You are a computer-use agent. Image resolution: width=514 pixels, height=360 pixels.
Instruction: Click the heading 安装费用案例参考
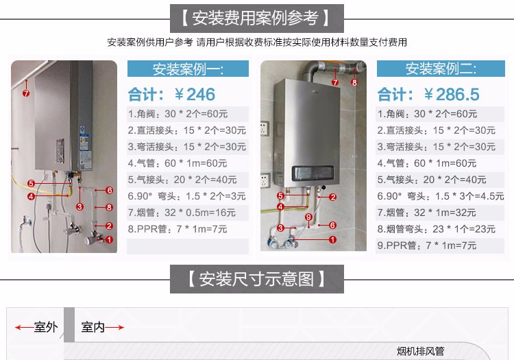click(255, 18)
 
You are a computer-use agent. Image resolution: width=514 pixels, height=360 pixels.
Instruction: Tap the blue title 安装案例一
click(188, 69)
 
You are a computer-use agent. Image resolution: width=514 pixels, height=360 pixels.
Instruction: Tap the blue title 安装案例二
click(441, 69)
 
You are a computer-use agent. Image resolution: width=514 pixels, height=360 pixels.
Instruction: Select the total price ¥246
click(195, 95)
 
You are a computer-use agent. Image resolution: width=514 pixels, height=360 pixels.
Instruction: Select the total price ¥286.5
click(452, 95)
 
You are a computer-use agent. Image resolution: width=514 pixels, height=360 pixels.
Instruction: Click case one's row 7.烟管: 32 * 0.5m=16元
click(182, 213)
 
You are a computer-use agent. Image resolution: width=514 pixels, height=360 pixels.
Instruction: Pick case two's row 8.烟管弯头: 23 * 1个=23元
click(436, 229)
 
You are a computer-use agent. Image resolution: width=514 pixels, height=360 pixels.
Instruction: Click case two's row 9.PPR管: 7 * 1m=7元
click(427, 245)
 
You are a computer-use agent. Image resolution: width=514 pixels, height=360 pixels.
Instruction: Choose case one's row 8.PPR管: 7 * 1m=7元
click(178, 229)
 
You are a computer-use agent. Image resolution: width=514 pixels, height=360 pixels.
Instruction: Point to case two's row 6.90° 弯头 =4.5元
click(440, 196)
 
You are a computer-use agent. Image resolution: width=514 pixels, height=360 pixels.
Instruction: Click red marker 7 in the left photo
click(26, 93)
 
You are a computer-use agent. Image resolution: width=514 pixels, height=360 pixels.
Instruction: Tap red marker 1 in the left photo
click(109, 240)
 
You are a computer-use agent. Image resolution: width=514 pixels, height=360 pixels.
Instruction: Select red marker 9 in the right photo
click(308, 217)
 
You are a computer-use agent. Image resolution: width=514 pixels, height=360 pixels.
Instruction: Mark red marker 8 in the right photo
click(354, 82)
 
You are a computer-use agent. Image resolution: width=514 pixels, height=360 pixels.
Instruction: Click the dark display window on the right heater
click(313, 173)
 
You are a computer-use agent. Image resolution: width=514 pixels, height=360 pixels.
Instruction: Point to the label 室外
click(46, 327)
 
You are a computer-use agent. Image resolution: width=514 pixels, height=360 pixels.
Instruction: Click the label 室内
click(93, 327)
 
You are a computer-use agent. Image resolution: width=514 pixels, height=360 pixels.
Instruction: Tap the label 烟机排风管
click(420, 351)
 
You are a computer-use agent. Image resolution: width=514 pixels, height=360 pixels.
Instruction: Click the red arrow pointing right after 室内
click(114, 327)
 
